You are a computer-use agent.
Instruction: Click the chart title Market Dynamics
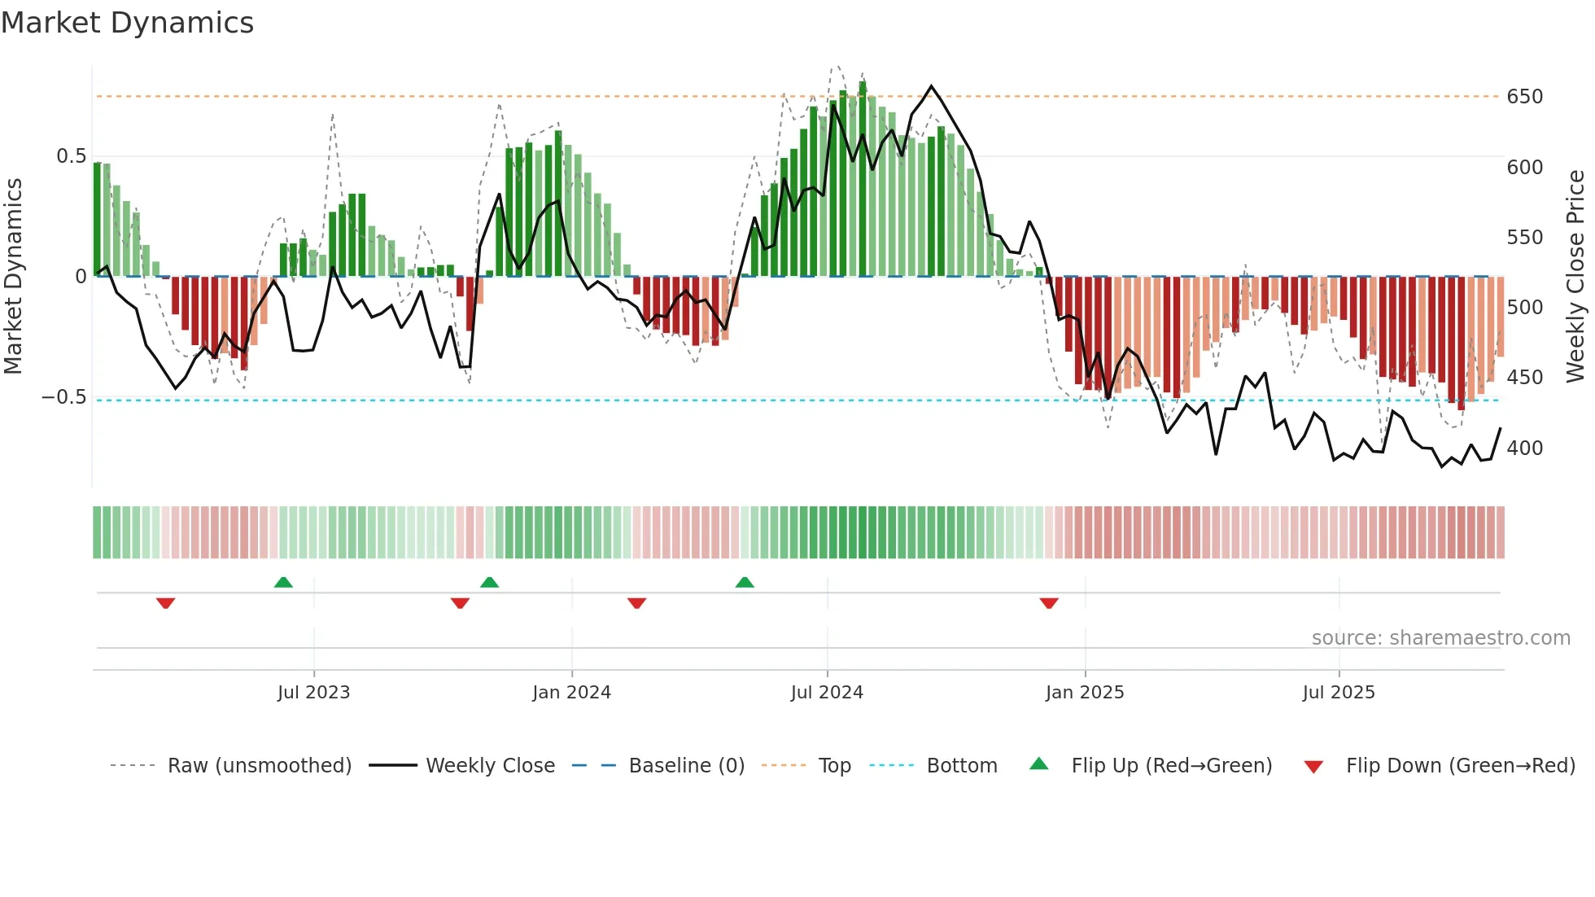pos(127,23)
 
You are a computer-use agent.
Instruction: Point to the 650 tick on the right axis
pos(1524,97)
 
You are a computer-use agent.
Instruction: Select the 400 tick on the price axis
pos(1524,448)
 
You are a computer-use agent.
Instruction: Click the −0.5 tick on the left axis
pos(64,397)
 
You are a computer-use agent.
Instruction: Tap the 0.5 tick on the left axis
pos(71,156)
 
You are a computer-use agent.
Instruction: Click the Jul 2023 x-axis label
pos(313,693)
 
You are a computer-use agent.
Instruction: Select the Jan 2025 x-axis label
pos(1084,693)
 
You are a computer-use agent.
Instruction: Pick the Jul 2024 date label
pos(826,693)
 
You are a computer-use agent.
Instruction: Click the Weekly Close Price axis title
pos(1575,276)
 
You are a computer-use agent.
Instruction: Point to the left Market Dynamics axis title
pos(13,276)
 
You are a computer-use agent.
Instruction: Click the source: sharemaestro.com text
pos(1440,638)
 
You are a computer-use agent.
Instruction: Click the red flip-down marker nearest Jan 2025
pos(1049,603)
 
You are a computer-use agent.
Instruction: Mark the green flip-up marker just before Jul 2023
pos(283,582)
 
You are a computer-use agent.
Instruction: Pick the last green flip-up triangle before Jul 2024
pos(745,582)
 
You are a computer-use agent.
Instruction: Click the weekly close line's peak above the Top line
pos(931,85)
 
